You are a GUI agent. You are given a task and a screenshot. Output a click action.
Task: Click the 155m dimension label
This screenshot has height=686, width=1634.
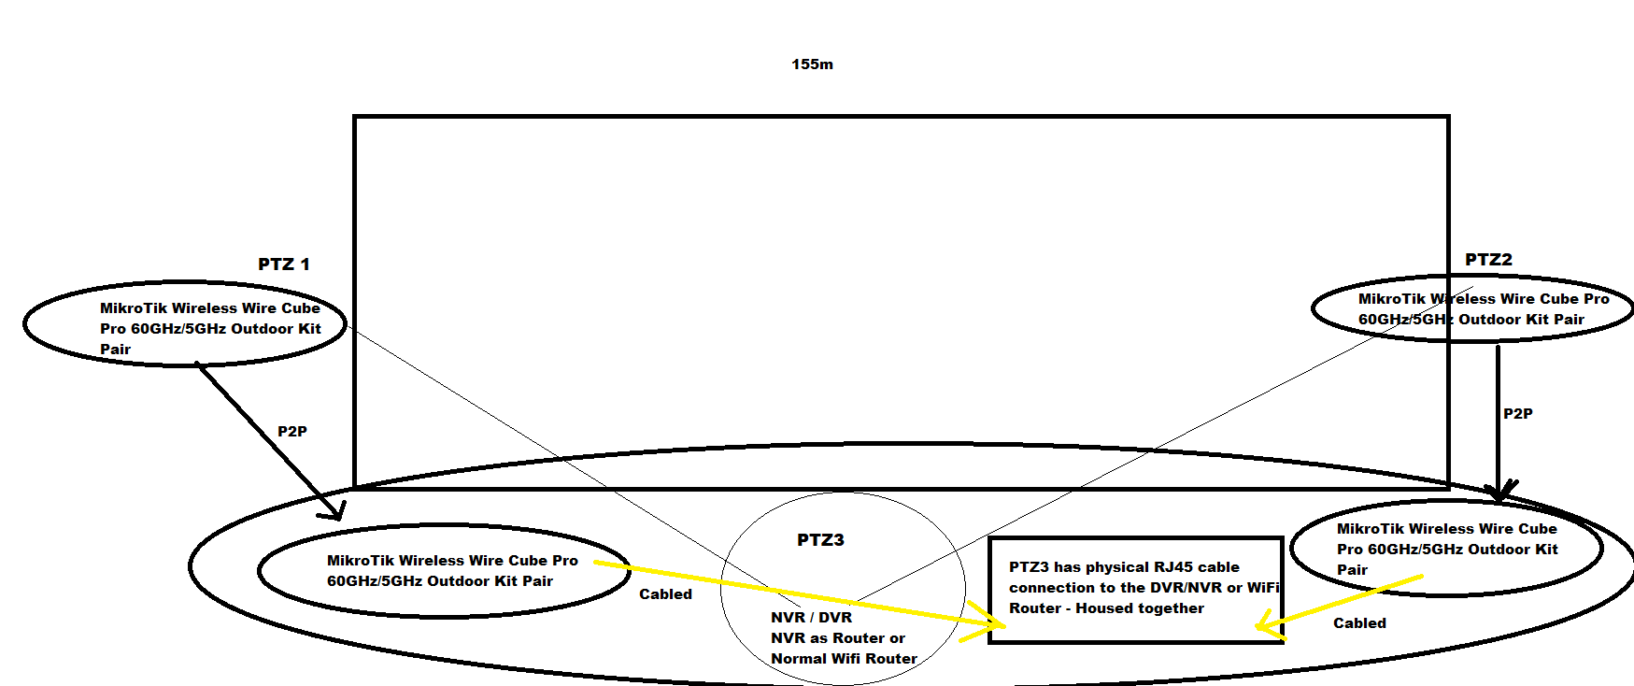coord(812,64)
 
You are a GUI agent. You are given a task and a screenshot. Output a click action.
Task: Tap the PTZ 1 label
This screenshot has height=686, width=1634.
coord(283,264)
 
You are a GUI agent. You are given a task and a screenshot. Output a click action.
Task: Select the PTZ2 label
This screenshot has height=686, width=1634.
coord(1488,260)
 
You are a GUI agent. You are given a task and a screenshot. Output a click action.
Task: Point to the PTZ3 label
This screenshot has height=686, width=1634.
coord(820,540)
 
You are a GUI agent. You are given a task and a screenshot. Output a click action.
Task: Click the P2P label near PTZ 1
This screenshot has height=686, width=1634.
coord(292,432)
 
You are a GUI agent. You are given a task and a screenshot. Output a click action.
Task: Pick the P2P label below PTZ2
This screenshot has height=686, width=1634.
coord(1517,414)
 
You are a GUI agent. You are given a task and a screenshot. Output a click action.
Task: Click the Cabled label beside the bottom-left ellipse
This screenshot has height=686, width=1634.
coord(665,594)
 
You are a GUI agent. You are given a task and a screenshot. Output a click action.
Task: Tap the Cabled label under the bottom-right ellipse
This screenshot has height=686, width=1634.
coord(1359,623)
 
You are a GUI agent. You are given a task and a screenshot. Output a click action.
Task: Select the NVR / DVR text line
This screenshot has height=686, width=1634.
coord(811,618)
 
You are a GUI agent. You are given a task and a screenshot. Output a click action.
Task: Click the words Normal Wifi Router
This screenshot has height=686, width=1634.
coord(844,659)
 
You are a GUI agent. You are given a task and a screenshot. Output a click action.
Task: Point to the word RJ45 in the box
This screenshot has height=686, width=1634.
coord(1172,567)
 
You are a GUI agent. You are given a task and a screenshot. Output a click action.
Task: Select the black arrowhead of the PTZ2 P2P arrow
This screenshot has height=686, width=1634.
coord(1499,492)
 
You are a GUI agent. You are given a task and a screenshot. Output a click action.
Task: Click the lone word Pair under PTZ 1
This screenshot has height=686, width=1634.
coord(116,350)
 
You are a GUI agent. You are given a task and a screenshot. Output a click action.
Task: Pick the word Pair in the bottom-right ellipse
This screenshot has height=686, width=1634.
coord(1352,570)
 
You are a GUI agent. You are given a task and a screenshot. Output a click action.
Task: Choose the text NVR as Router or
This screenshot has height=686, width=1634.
coord(837,638)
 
